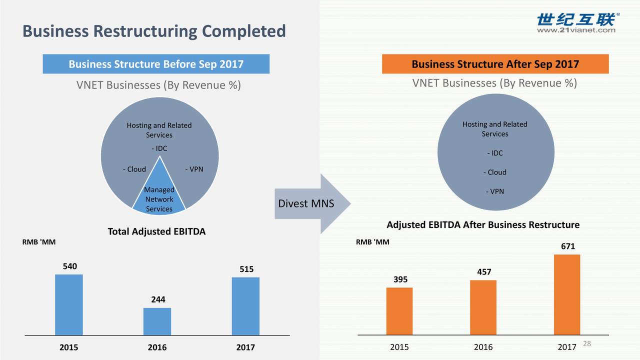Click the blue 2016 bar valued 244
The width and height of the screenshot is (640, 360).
[x=157, y=321]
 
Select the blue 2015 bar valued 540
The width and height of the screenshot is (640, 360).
[x=69, y=304]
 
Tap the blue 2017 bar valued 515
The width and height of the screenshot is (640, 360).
[x=245, y=306]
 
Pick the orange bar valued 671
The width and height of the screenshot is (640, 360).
[x=567, y=294]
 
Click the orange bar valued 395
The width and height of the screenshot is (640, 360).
[x=399, y=311]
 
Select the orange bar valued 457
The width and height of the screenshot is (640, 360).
[x=483, y=307]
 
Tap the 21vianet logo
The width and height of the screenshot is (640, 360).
[x=576, y=23]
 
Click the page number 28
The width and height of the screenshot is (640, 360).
[x=587, y=343]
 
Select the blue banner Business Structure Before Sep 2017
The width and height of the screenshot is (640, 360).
[x=156, y=64]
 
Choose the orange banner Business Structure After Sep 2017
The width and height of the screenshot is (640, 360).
[x=495, y=64]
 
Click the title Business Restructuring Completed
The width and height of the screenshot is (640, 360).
[x=154, y=31]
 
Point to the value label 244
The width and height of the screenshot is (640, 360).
[x=158, y=299]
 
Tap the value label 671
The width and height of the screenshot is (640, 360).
[x=567, y=246]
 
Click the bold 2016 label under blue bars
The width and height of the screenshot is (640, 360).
[x=157, y=347]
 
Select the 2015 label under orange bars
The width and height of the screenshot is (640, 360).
[x=399, y=347]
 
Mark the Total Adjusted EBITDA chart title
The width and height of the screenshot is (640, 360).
[x=156, y=231]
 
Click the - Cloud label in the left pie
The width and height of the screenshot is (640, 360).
[x=134, y=169]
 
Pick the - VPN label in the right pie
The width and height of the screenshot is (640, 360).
[x=494, y=191]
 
